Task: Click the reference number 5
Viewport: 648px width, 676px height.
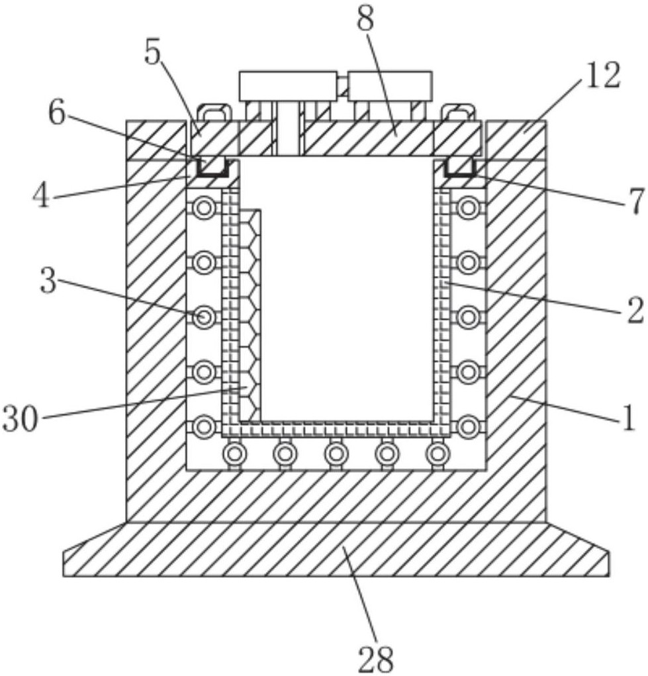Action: tap(152, 54)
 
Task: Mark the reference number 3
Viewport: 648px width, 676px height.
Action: tap(49, 279)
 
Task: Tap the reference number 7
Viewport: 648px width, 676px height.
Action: tap(635, 201)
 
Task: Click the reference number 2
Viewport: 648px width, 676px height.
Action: tap(635, 310)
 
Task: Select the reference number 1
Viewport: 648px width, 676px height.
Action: tap(629, 418)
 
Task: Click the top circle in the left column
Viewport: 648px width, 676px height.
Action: tap(204, 208)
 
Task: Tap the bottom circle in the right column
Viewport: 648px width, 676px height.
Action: tap(468, 427)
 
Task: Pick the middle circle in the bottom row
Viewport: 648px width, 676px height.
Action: tap(336, 453)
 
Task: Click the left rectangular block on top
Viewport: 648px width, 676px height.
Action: tap(288, 86)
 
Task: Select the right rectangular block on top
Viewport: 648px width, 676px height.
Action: tap(390, 86)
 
